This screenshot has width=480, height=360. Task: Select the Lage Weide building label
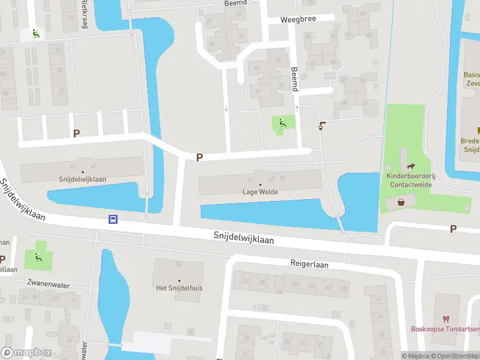260,192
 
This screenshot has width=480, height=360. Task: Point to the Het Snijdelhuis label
179,288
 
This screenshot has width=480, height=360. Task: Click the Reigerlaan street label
307,263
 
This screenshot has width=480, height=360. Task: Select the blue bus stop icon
112,219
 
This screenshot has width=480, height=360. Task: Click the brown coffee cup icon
322,125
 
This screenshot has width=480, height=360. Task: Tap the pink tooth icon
445,318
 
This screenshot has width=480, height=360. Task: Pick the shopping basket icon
401,203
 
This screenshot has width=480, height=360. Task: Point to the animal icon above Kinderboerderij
411,167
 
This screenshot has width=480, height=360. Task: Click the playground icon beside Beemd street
283,123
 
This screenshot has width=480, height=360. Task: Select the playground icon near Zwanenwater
38,258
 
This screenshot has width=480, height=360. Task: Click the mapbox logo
25,353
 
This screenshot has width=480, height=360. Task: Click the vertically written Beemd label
294,79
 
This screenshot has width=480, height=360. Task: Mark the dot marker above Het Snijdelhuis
179,280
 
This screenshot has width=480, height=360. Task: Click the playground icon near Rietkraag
35,34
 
